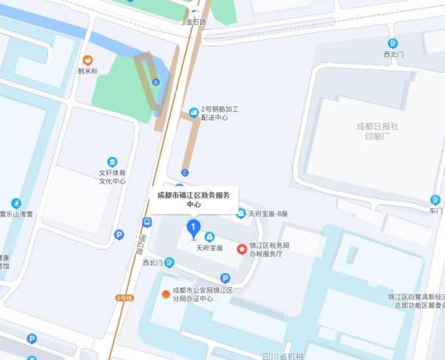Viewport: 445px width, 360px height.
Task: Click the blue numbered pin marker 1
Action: [x=193, y=226]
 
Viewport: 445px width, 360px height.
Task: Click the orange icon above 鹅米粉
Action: [x=87, y=60]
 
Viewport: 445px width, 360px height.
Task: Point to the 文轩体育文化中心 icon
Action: [x=113, y=162]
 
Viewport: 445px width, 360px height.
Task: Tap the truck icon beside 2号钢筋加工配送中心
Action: [x=193, y=110]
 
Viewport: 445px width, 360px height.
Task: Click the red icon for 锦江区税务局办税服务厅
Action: [x=242, y=248]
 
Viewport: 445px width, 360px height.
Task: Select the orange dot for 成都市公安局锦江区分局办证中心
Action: [x=165, y=294]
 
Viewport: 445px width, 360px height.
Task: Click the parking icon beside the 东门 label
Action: [x=434, y=200]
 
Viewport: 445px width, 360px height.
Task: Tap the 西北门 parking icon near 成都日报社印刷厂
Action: [x=393, y=43]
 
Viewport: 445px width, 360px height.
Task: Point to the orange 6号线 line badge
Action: [x=125, y=297]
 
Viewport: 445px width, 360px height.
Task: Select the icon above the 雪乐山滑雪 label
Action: [x=16, y=203]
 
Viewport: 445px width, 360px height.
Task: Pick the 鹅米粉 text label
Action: [x=87, y=71]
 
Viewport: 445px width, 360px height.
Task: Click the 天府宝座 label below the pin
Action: [x=209, y=247]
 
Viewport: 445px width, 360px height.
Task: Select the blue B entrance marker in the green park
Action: [x=155, y=81]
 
